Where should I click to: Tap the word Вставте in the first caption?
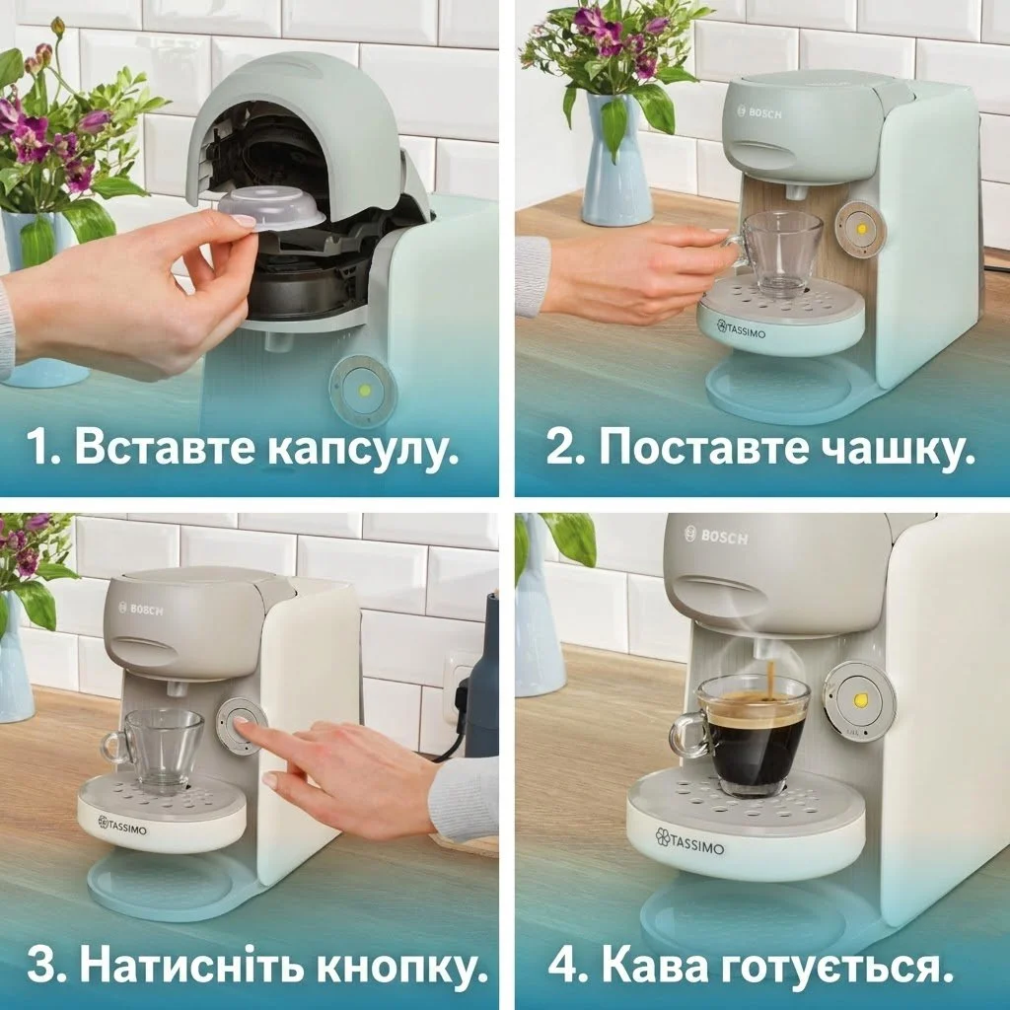coord(168,450)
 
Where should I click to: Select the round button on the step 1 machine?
coord(364,391)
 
